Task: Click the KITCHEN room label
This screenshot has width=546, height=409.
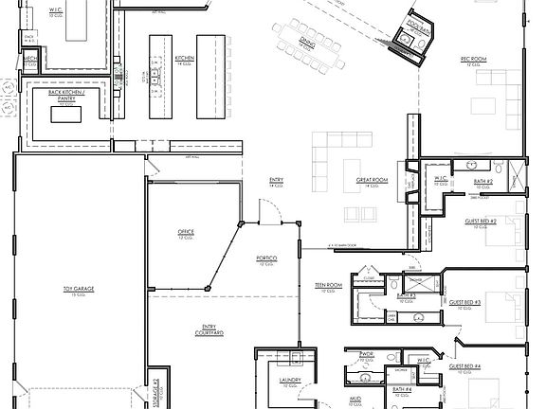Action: (185, 59)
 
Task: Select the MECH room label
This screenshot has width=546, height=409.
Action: (30, 58)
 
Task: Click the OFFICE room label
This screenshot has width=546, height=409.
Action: (186, 232)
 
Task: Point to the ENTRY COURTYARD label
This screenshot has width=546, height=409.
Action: (207, 330)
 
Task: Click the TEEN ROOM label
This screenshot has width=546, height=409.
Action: (328, 285)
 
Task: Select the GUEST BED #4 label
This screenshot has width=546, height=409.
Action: (464, 365)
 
